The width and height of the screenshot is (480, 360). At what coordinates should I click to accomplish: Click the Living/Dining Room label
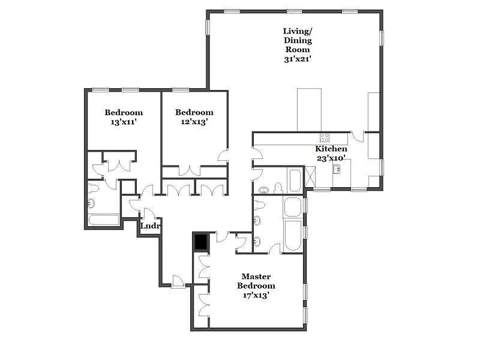tap(297, 40)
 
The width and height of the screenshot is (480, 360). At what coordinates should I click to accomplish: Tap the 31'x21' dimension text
tap(297, 59)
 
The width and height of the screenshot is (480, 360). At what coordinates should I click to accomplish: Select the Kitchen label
tap(331, 149)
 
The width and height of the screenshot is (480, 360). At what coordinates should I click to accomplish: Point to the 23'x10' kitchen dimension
tap(331, 158)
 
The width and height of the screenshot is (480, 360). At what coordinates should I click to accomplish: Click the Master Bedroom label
tap(256, 281)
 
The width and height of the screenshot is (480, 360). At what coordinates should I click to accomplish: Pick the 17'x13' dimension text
tap(256, 295)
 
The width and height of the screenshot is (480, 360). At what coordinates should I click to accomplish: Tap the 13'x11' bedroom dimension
tap(124, 121)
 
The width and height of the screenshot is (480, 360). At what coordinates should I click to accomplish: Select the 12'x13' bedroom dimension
tap(194, 121)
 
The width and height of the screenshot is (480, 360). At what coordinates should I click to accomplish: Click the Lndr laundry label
tap(150, 226)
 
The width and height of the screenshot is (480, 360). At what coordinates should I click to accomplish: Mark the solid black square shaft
tap(200, 242)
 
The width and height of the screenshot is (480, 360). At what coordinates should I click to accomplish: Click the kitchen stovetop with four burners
tap(324, 138)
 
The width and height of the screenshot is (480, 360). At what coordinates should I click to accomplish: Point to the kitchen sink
tap(336, 169)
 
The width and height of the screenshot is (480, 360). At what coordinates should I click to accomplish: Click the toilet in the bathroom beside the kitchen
tap(278, 188)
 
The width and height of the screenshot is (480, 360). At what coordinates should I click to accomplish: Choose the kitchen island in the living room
tap(309, 109)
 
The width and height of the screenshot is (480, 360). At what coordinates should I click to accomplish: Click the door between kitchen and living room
tap(358, 136)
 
